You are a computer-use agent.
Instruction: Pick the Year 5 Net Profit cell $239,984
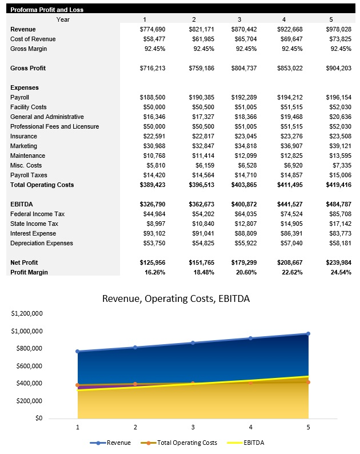[338, 262]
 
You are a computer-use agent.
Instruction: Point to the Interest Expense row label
[33, 233]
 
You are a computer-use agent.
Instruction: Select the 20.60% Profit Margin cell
[244, 272]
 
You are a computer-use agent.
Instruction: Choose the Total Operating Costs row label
[42, 185]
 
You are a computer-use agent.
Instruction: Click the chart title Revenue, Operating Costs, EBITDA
[175, 298]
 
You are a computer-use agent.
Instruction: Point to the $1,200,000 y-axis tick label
[27, 313]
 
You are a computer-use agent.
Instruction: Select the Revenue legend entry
[111, 443]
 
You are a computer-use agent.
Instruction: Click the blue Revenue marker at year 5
[308, 333]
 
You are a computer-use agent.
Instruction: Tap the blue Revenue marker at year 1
[78, 351]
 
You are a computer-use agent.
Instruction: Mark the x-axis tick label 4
[250, 427]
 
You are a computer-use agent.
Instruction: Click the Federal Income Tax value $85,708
[338, 214]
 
